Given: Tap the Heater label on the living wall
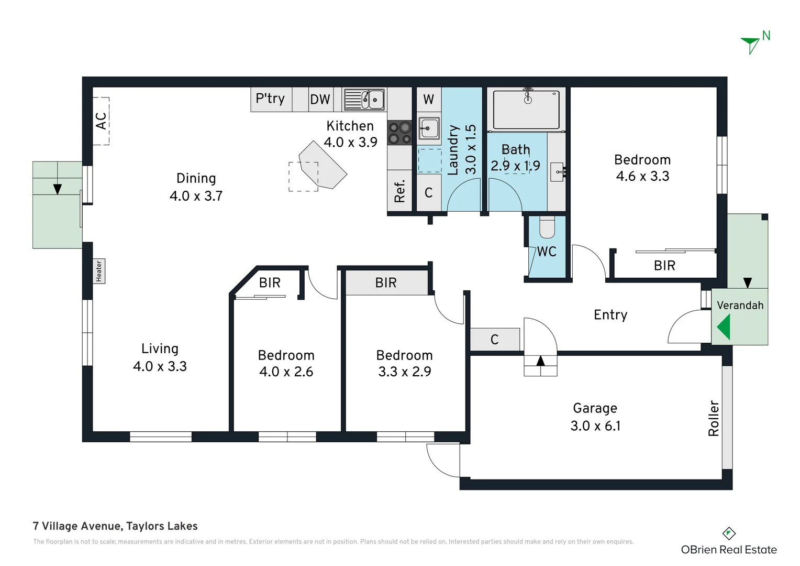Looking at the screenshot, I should click(x=99, y=271).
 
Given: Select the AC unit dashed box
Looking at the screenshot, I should click(x=101, y=121).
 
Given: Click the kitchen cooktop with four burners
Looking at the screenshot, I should click(x=399, y=133).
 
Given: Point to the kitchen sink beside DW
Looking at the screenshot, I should click(x=364, y=99).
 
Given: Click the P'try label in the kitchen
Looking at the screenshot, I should click(x=270, y=99).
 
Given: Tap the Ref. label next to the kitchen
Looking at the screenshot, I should click(x=399, y=191).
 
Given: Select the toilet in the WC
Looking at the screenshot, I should click(x=547, y=227).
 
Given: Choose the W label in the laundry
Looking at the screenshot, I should click(x=428, y=99).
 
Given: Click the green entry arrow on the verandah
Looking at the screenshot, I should click(x=724, y=327).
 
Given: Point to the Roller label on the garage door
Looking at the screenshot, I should click(x=714, y=418).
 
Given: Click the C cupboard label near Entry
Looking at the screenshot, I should click(x=494, y=340).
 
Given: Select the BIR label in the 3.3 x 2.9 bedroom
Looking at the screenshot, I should click(x=386, y=283).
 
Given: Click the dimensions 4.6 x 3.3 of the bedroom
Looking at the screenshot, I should click(x=642, y=176).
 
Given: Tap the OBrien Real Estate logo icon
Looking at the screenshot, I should click(x=729, y=534).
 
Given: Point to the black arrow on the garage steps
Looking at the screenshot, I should click(x=540, y=361).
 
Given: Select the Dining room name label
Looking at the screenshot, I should click(x=196, y=178).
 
